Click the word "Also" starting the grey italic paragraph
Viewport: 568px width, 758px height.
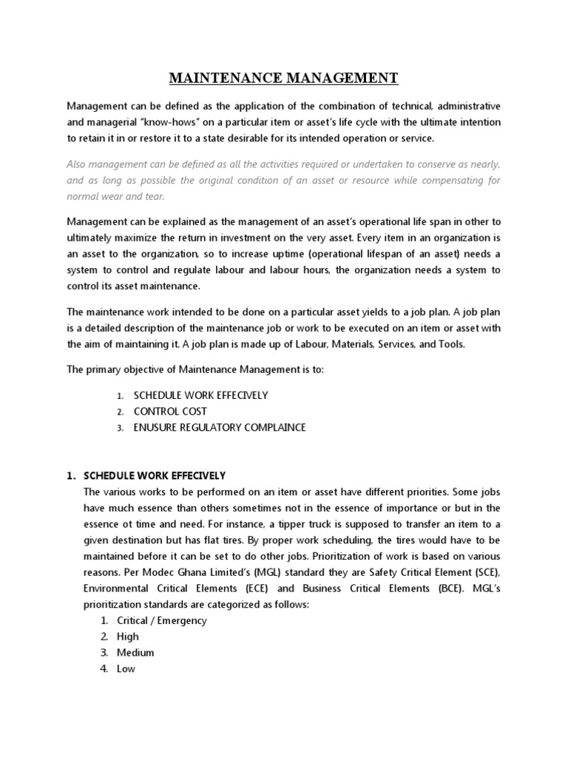(x=78, y=164)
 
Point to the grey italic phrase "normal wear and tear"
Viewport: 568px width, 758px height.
(x=116, y=196)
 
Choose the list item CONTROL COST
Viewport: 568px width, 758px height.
(x=170, y=411)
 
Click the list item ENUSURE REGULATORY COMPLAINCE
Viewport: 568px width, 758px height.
(x=219, y=427)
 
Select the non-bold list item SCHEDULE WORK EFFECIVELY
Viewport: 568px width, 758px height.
(x=200, y=395)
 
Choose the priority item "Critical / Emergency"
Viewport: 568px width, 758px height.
(x=162, y=620)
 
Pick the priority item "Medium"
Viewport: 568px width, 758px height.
(x=135, y=653)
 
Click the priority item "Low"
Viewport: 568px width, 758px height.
(x=126, y=669)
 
